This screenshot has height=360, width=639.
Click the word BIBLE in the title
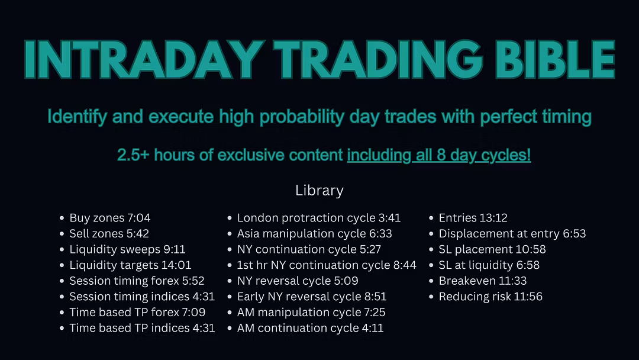(555, 60)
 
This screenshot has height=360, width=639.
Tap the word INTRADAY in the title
(144, 60)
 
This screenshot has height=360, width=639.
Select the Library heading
(319, 191)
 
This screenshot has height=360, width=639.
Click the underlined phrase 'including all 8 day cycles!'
(439, 155)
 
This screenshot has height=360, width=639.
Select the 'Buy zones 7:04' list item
(110, 218)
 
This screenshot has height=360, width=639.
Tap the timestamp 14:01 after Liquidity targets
(176, 265)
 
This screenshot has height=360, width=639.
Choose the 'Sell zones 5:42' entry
(109, 234)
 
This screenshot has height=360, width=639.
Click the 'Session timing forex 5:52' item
(137, 281)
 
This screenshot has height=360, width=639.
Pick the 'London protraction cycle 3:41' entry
(319, 218)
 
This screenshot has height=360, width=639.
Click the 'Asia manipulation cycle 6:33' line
(315, 234)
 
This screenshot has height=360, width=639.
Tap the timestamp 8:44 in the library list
(405, 265)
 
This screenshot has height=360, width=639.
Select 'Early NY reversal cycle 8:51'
(312, 297)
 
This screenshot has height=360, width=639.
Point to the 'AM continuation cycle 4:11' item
(311, 328)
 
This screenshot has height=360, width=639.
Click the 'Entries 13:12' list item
(473, 218)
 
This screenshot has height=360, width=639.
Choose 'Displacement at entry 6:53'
(512, 234)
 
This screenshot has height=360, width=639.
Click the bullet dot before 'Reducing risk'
(431, 297)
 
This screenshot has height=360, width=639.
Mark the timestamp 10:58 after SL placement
(531, 249)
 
